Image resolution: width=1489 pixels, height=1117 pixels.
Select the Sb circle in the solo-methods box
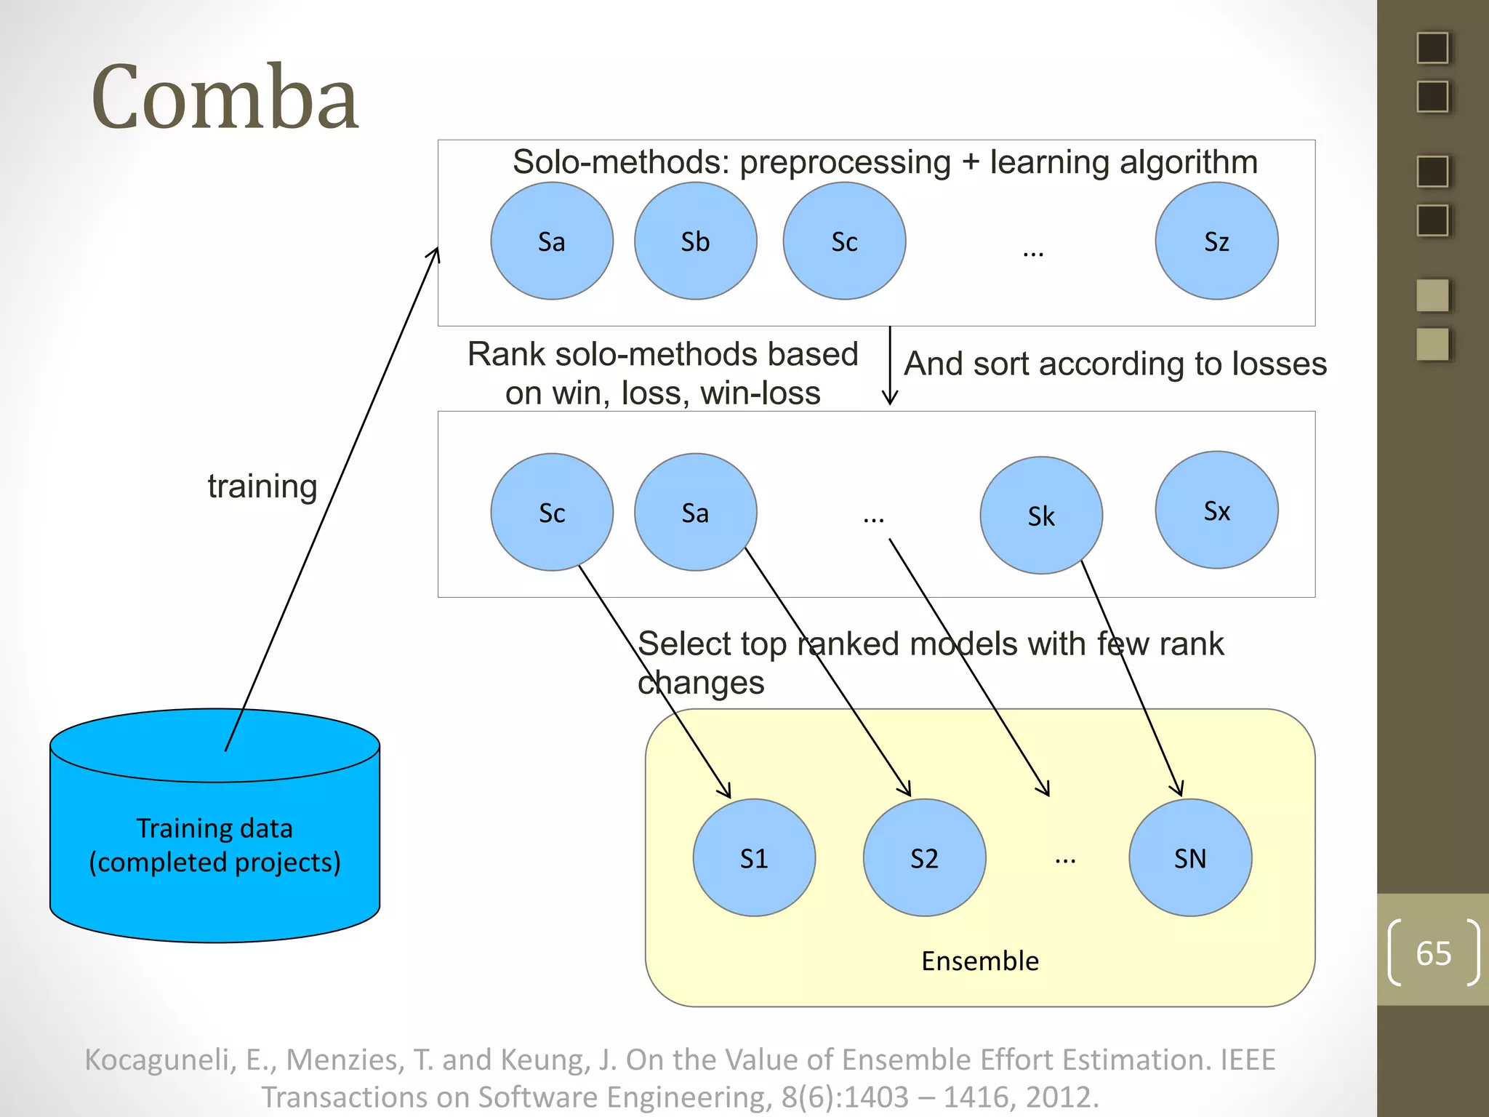pyautogui.click(x=695, y=241)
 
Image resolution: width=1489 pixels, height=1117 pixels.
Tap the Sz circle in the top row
pyautogui.click(x=1216, y=241)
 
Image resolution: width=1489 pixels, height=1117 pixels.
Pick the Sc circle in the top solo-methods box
pyautogui.click(x=844, y=241)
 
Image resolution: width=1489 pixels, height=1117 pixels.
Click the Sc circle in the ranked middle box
pyautogui.click(x=552, y=513)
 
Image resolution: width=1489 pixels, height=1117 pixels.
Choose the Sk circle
pyautogui.click(x=1041, y=516)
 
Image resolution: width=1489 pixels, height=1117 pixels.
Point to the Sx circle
pyautogui.click(x=1216, y=511)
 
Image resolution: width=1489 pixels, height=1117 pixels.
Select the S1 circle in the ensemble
pyautogui.click(x=754, y=858)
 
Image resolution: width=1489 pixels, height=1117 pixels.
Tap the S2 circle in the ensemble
pyautogui.click(x=924, y=858)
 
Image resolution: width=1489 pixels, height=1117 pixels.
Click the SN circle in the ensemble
pyautogui.click(x=1190, y=858)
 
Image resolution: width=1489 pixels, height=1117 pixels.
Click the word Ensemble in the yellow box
pyautogui.click(x=979, y=961)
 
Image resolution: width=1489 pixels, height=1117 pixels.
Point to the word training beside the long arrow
pyautogui.click(x=262, y=486)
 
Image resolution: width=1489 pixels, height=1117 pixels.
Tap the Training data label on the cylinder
pyautogui.click(x=214, y=829)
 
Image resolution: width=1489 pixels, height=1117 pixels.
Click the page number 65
pyautogui.click(x=1433, y=953)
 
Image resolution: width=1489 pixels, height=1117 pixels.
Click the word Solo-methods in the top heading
pyautogui.click(x=620, y=162)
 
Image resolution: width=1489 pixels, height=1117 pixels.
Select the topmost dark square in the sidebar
pyautogui.click(x=1432, y=48)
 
